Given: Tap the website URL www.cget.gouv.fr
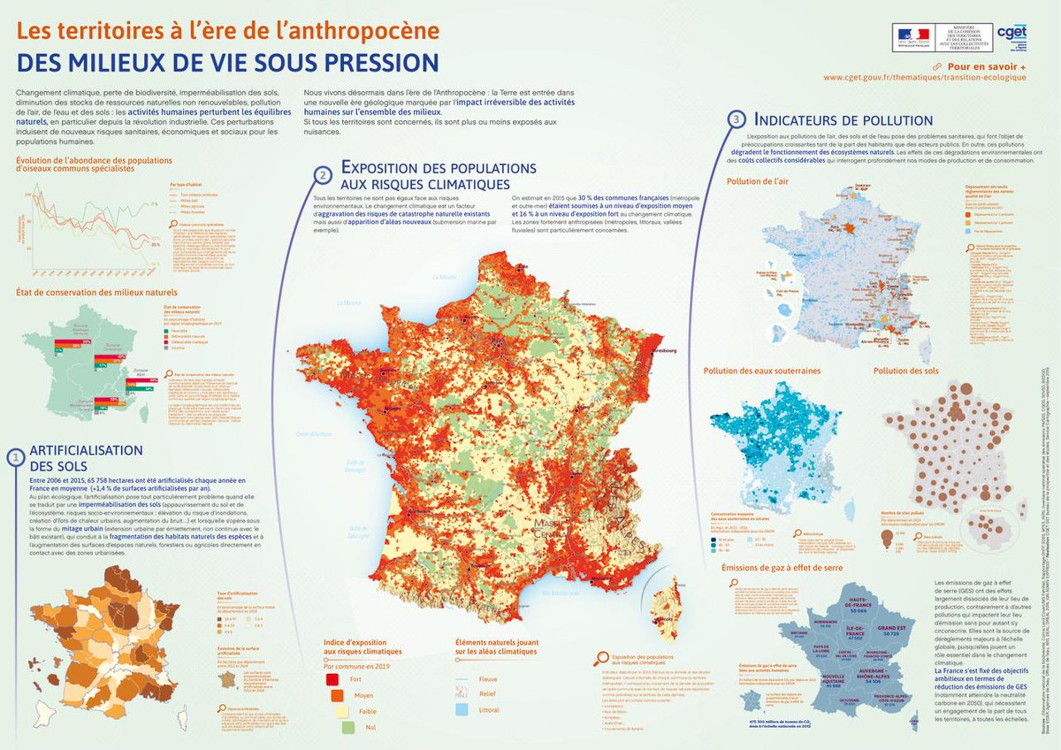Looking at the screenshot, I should pos(925,77).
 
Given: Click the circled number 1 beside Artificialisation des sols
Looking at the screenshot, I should pos(15,457).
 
